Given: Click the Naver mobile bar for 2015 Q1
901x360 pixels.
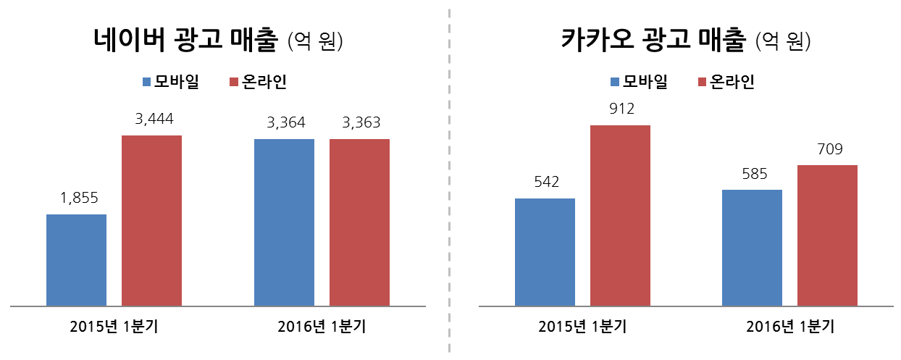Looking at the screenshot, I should click(x=76, y=260).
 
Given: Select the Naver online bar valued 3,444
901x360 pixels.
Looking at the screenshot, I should click(x=151, y=220).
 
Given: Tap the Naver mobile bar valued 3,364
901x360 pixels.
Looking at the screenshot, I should click(x=284, y=222).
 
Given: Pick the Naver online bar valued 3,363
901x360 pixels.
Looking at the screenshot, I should click(x=359, y=222).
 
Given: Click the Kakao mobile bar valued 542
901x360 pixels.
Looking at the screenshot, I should click(x=545, y=252).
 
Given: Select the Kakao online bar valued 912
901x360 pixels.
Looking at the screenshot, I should click(x=620, y=215).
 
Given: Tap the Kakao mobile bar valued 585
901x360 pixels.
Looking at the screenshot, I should click(x=752, y=248).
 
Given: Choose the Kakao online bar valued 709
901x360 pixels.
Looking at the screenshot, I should click(x=827, y=235).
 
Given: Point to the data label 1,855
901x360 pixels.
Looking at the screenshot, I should click(x=76, y=198).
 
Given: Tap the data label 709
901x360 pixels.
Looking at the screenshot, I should click(x=827, y=149).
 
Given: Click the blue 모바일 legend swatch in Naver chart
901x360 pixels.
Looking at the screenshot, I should click(x=147, y=82).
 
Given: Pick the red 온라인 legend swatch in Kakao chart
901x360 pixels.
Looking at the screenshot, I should click(x=700, y=82).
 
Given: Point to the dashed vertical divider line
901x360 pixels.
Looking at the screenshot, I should click(x=449, y=181).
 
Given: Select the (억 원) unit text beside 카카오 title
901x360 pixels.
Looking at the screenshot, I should click(x=782, y=42).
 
